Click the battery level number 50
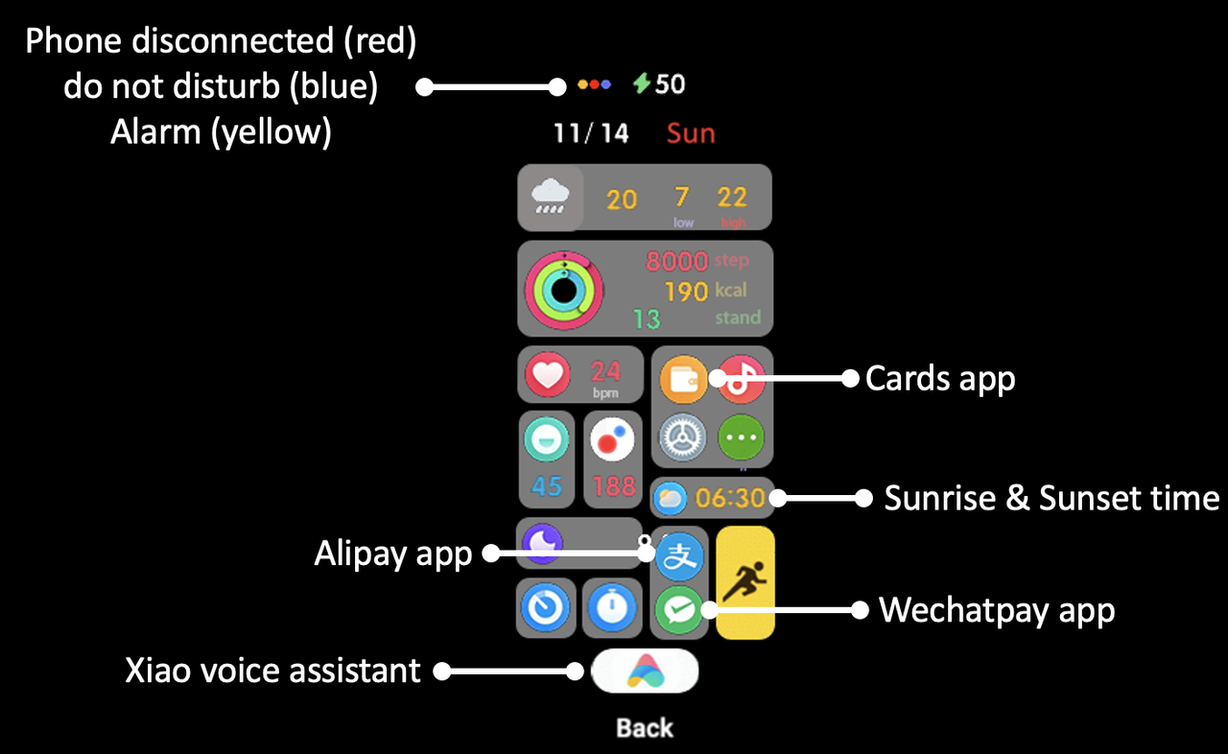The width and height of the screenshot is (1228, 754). tap(671, 84)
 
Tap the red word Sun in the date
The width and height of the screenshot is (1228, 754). tap(691, 133)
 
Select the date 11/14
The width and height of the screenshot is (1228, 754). tap(591, 133)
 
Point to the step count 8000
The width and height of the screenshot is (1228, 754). tap(675, 261)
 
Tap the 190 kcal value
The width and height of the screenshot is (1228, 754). tap(686, 291)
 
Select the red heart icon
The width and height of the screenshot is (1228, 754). tap(547, 374)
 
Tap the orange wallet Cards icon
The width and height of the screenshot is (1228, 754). tap(682, 378)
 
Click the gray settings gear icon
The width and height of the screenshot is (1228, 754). tap(682, 437)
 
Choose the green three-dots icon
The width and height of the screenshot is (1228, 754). tap(742, 437)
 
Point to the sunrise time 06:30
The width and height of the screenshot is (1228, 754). tap(730, 498)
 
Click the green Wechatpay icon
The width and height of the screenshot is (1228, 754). tap(679, 609)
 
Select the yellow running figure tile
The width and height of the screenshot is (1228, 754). tap(745, 582)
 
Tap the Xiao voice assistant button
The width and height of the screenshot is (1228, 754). tap(645, 672)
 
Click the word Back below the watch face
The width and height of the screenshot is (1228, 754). tap(645, 728)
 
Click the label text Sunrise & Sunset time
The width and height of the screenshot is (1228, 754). tap(1051, 498)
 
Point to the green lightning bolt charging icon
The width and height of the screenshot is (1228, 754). tap(642, 84)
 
